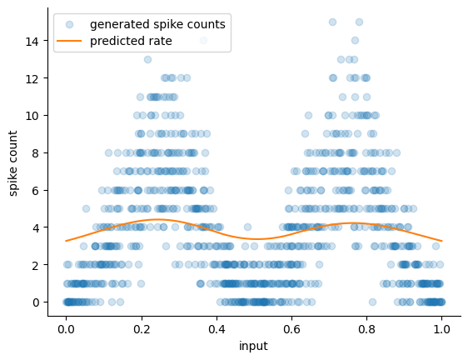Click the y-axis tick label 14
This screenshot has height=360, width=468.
click(32, 41)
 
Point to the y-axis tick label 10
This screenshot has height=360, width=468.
click(32, 116)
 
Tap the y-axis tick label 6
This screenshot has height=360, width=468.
click(36, 190)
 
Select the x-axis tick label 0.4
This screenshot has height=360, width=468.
click(217, 329)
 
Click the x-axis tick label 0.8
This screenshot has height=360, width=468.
click(366, 329)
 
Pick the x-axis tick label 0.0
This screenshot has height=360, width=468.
click(66, 329)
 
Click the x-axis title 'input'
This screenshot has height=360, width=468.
click(253, 347)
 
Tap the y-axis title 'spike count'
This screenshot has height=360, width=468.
click(12, 163)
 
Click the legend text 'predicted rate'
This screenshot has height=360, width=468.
click(131, 41)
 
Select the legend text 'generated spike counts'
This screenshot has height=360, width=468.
click(157, 24)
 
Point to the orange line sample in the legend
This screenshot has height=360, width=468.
click(69, 41)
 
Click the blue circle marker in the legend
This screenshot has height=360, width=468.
click(69, 24)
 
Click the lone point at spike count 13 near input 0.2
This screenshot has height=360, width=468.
click(147, 59)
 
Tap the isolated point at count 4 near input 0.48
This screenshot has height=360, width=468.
click(247, 227)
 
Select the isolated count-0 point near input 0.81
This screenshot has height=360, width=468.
click(372, 302)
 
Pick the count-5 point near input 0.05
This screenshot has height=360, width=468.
click(86, 208)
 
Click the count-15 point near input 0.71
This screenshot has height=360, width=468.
click(332, 22)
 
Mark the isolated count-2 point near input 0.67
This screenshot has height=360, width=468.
click(320, 264)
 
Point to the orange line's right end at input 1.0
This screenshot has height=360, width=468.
click(442, 241)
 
